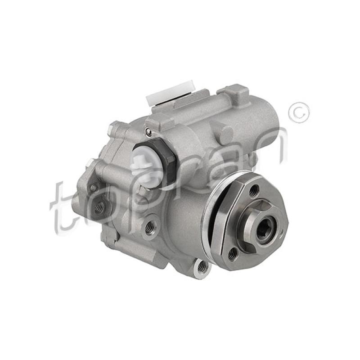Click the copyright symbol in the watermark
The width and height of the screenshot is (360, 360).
click(x=299, y=113)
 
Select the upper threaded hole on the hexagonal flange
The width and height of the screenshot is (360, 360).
click(x=254, y=190)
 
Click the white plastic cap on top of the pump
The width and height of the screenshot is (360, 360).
click(x=170, y=94)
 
